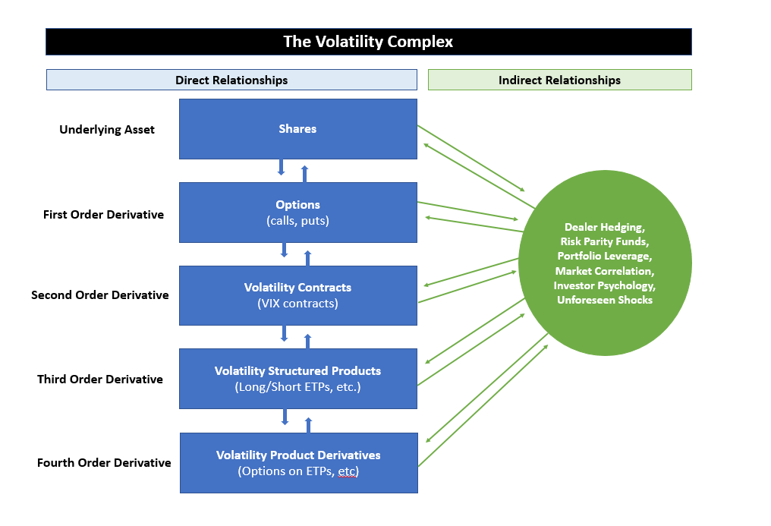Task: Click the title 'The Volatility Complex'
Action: tap(368, 42)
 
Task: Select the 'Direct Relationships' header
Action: tap(231, 80)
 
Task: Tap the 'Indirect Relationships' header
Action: tap(559, 80)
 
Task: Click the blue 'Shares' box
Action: tap(297, 129)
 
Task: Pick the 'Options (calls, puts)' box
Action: tap(297, 213)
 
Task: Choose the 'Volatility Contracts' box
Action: tap(297, 294)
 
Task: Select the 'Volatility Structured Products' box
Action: tap(297, 378)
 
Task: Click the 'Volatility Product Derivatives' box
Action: tap(298, 462)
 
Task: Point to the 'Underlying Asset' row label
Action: tap(107, 130)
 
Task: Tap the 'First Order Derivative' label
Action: tap(103, 215)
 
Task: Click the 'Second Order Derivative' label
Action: tap(99, 295)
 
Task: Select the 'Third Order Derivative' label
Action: tap(100, 380)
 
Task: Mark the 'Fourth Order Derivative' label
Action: tap(104, 463)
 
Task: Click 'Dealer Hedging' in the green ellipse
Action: tap(605, 227)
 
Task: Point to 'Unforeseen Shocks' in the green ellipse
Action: tap(605, 300)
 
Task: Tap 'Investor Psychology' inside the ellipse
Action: tap(605, 285)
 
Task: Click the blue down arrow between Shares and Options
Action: tap(281, 167)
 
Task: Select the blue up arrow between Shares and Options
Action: tap(305, 174)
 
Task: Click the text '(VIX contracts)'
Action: tap(297, 304)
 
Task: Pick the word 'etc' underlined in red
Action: tap(348, 471)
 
